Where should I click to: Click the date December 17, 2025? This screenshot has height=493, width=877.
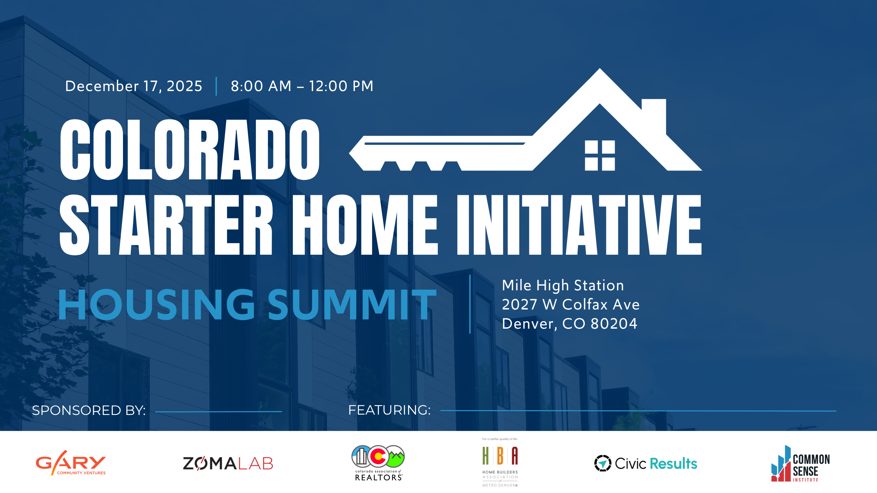tap(134, 86)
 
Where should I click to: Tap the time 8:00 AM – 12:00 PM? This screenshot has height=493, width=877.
tap(302, 86)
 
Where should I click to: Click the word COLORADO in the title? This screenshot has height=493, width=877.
tap(190, 150)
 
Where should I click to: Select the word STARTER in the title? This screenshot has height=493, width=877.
tap(166, 225)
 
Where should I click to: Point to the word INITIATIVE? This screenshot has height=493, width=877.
tap(579, 225)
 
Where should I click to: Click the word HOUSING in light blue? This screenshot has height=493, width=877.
tap(156, 304)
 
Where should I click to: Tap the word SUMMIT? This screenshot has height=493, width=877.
tap(352, 304)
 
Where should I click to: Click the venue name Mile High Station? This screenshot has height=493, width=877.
tap(563, 286)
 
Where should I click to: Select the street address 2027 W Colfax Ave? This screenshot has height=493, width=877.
tap(571, 304)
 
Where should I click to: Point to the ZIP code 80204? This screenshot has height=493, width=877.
tap(614, 324)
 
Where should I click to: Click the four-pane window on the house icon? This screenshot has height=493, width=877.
tap(600, 155)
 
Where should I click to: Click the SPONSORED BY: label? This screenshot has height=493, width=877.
tap(89, 410)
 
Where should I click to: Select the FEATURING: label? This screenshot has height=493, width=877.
tap(390, 410)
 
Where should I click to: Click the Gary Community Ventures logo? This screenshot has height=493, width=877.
tap(71, 463)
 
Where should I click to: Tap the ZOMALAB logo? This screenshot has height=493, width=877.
tap(228, 464)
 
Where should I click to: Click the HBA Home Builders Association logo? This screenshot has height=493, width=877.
tap(500, 462)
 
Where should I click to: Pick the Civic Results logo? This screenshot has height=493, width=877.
tap(646, 464)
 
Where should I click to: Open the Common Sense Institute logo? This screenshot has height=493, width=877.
tap(801, 464)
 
